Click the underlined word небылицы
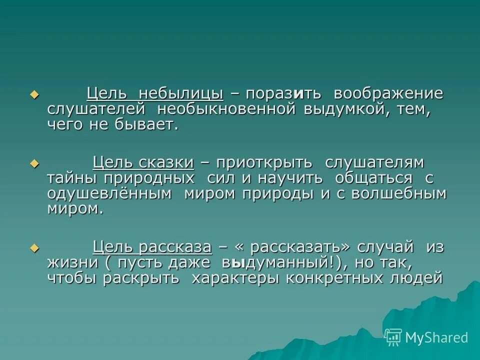pos(181,93)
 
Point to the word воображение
pos(388,93)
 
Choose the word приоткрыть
pos(264,162)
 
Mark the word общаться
pos(374,178)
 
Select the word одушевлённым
pos(109,193)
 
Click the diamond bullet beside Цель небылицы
pos(34,94)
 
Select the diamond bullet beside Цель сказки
pos(34,163)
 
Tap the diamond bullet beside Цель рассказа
pos(34,247)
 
